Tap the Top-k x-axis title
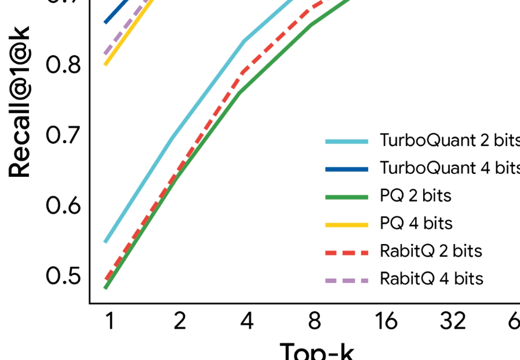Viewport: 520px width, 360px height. (x=317, y=351)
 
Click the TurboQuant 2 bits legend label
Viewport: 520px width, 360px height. (x=449, y=140)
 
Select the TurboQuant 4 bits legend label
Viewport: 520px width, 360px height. (x=449, y=168)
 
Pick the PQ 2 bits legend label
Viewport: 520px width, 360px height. (x=415, y=196)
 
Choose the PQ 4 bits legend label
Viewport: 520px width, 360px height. (x=416, y=223)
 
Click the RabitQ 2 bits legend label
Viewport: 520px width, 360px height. (x=431, y=251)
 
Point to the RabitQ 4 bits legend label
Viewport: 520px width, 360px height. (x=431, y=278)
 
